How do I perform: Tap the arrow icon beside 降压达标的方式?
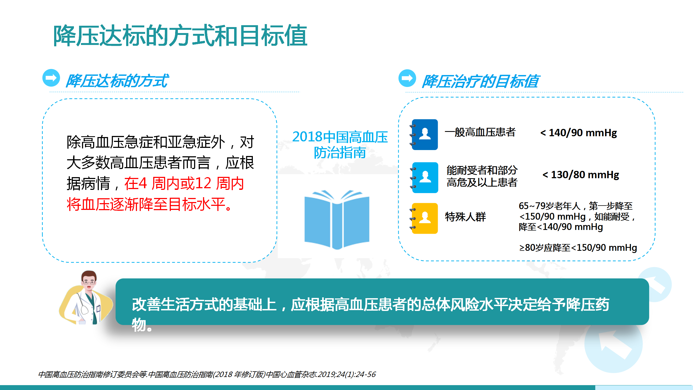[x=51, y=78]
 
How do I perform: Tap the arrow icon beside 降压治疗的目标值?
[x=407, y=78]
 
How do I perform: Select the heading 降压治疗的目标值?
[x=480, y=81]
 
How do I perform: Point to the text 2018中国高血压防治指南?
[x=340, y=144]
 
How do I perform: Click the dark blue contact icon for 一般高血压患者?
[x=424, y=134]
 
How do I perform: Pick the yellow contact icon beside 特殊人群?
[x=424, y=218]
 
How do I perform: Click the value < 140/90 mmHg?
[x=578, y=133]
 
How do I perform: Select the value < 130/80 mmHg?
[x=581, y=175]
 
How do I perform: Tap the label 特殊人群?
[x=465, y=217]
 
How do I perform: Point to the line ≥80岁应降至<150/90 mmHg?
[x=578, y=248]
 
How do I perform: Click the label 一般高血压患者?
[x=480, y=132]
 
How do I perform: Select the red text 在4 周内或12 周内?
[x=184, y=183]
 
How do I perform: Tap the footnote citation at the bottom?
[x=207, y=374]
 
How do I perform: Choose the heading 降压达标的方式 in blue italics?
[x=117, y=81]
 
